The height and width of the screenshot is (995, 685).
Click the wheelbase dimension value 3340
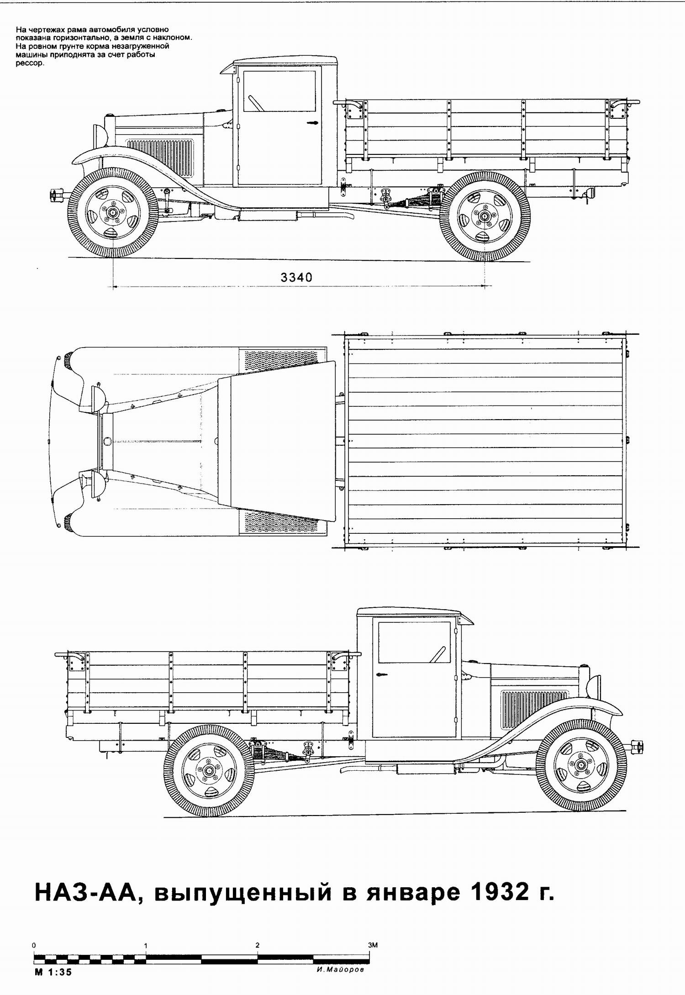(296, 277)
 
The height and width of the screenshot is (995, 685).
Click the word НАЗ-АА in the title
(86, 892)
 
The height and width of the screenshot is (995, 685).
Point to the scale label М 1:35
(53, 972)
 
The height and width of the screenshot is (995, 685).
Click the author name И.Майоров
(340, 969)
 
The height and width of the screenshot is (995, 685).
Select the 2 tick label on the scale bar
(258, 945)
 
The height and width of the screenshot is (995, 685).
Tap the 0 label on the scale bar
(34, 945)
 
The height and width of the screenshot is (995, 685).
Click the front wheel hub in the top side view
(112, 213)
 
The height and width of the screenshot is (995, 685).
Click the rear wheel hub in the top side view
(485, 216)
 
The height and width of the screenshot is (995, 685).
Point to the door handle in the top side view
(312, 123)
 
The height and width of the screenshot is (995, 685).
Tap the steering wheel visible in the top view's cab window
(256, 103)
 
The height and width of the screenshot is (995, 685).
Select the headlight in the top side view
(100, 136)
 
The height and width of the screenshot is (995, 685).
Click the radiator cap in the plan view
(107, 441)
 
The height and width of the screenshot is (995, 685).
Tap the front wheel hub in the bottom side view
(581, 765)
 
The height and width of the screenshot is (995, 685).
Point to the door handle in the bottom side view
(381, 674)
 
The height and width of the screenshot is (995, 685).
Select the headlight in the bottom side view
(594, 687)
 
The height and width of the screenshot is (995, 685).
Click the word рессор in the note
(30, 63)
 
